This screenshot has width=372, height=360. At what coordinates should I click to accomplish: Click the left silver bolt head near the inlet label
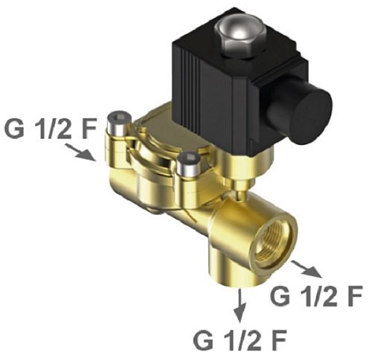pos(118,123)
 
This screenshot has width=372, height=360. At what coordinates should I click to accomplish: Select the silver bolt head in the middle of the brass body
pos(189,165)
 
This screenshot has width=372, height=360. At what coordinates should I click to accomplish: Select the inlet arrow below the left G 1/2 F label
pos(81,152)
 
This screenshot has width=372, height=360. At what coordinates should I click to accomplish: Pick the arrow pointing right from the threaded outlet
pos(307,270)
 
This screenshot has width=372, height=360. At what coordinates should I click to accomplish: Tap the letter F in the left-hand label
pos(88,129)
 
